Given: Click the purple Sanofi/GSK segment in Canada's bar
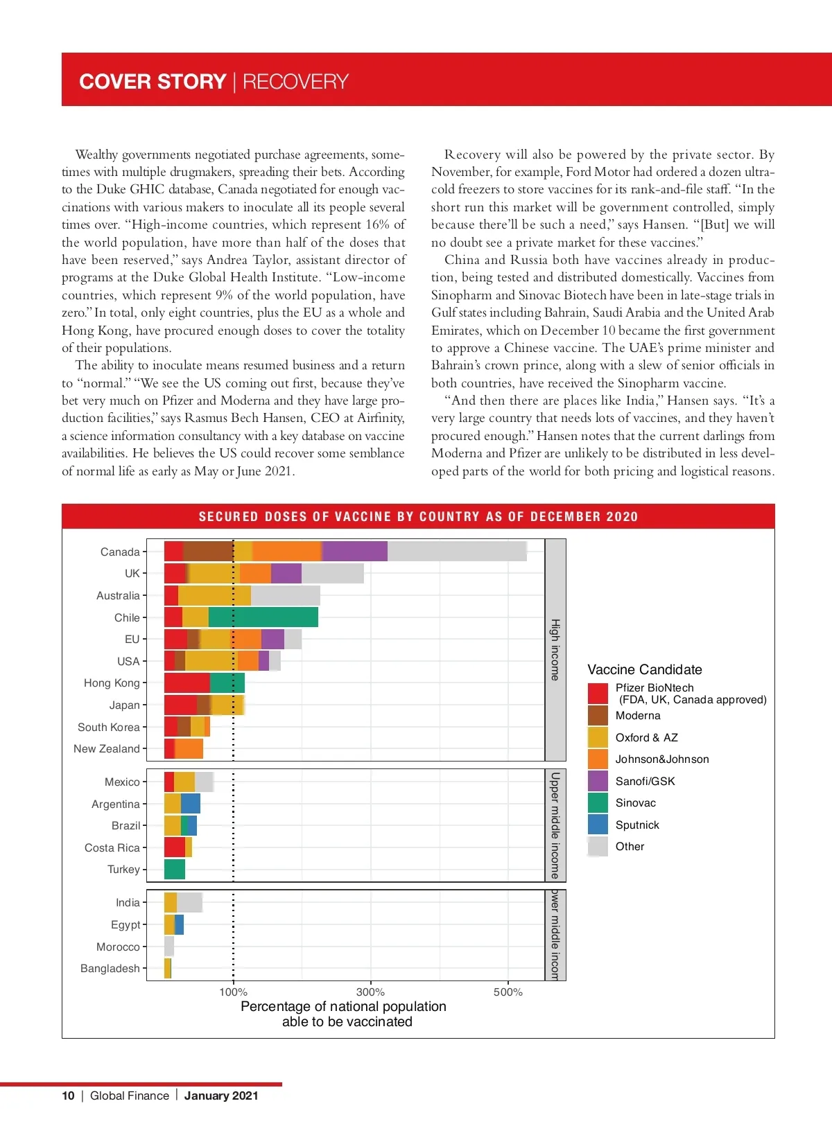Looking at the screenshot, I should tap(354, 552).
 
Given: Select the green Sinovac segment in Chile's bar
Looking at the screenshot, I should tap(263, 617).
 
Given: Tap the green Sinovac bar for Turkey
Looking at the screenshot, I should tap(175, 869).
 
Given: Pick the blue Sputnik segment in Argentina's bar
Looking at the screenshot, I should tap(191, 804).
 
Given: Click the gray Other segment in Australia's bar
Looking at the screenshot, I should tap(286, 595).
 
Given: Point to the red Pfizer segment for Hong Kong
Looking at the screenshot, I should tap(187, 683).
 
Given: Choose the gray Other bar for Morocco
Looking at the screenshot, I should tap(169, 947).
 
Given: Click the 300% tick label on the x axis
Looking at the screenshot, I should tap(370, 992).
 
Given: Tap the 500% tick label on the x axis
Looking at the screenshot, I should tap(508, 992).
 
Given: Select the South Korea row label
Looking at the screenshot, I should tap(109, 727).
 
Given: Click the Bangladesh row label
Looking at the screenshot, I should tap(110, 968).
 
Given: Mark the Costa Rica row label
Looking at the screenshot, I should tap(112, 847).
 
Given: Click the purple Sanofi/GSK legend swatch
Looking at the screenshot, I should tap(598, 781).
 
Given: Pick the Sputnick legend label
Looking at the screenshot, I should tap(637, 825).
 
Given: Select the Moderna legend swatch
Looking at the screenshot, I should tap(598, 715).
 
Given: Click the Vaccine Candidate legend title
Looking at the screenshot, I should tap(645, 669).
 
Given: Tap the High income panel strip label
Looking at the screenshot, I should tap(555, 650).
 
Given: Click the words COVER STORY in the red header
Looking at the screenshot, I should tap(153, 82).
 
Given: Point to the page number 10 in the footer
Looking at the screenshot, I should tap(68, 1096).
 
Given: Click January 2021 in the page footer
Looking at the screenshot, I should tap(221, 1096).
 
